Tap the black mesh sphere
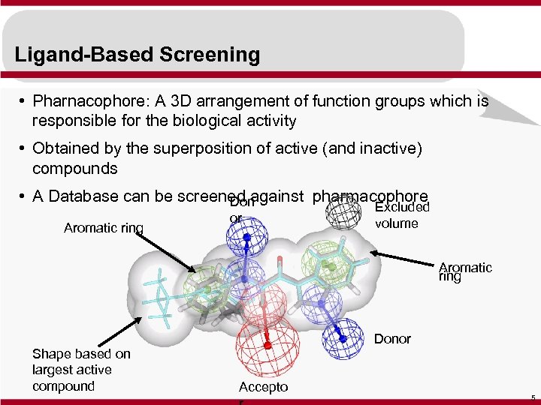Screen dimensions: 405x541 click(x=343, y=213)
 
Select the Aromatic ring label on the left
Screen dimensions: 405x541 click(x=104, y=228)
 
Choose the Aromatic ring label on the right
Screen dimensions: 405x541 click(x=465, y=271)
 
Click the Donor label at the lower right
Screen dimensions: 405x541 click(x=392, y=339)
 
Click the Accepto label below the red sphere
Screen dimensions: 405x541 click(x=263, y=387)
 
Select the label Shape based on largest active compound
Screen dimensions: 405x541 click(x=81, y=370)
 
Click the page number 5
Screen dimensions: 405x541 click(x=532, y=397)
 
